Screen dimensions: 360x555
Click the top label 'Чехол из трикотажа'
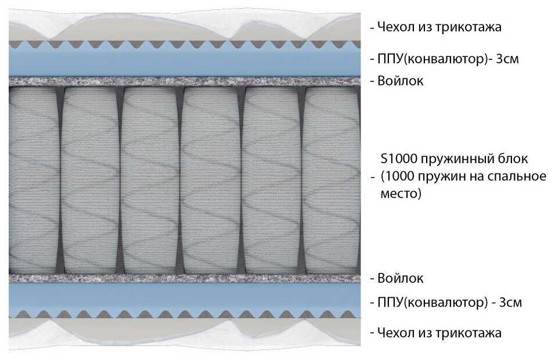pos(439,27)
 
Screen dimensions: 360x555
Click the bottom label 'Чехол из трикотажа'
pos(439,333)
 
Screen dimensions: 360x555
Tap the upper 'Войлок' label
pos(401,81)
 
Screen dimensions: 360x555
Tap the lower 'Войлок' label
pos(401,278)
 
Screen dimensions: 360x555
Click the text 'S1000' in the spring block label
pos(398,159)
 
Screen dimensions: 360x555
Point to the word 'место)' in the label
pos(401,193)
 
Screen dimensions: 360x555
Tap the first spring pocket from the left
pos(33,180)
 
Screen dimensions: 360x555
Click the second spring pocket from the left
pos(90,180)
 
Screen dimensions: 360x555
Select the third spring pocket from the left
pos(150,180)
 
